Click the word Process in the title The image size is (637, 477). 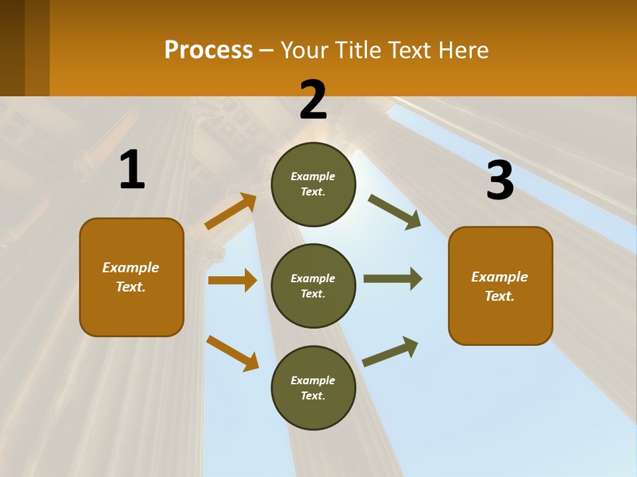(x=208, y=50)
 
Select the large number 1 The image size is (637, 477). (x=132, y=170)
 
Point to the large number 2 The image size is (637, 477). (x=313, y=99)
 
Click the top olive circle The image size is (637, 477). (x=313, y=184)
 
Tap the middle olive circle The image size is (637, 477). (x=313, y=286)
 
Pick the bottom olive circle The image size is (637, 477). (x=313, y=388)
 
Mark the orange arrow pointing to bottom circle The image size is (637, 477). (x=232, y=353)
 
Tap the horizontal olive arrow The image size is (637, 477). (x=392, y=278)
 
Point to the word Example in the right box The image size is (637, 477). (x=500, y=277)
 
